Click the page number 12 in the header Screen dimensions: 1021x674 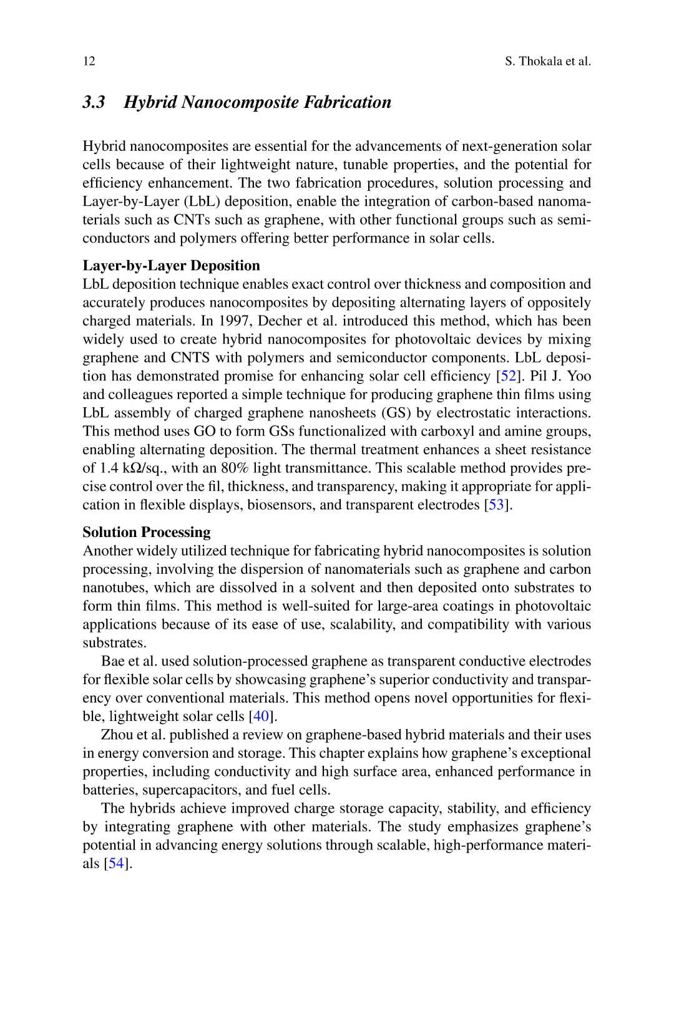(89, 61)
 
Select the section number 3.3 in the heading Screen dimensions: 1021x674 (94, 102)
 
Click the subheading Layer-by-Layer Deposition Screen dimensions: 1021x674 (171, 266)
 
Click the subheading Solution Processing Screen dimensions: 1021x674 (147, 532)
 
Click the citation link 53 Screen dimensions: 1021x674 (496, 505)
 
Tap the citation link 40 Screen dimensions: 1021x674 (260, 716)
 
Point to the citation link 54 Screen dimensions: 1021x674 (116, 863)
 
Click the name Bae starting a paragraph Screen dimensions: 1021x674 (112, 661)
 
